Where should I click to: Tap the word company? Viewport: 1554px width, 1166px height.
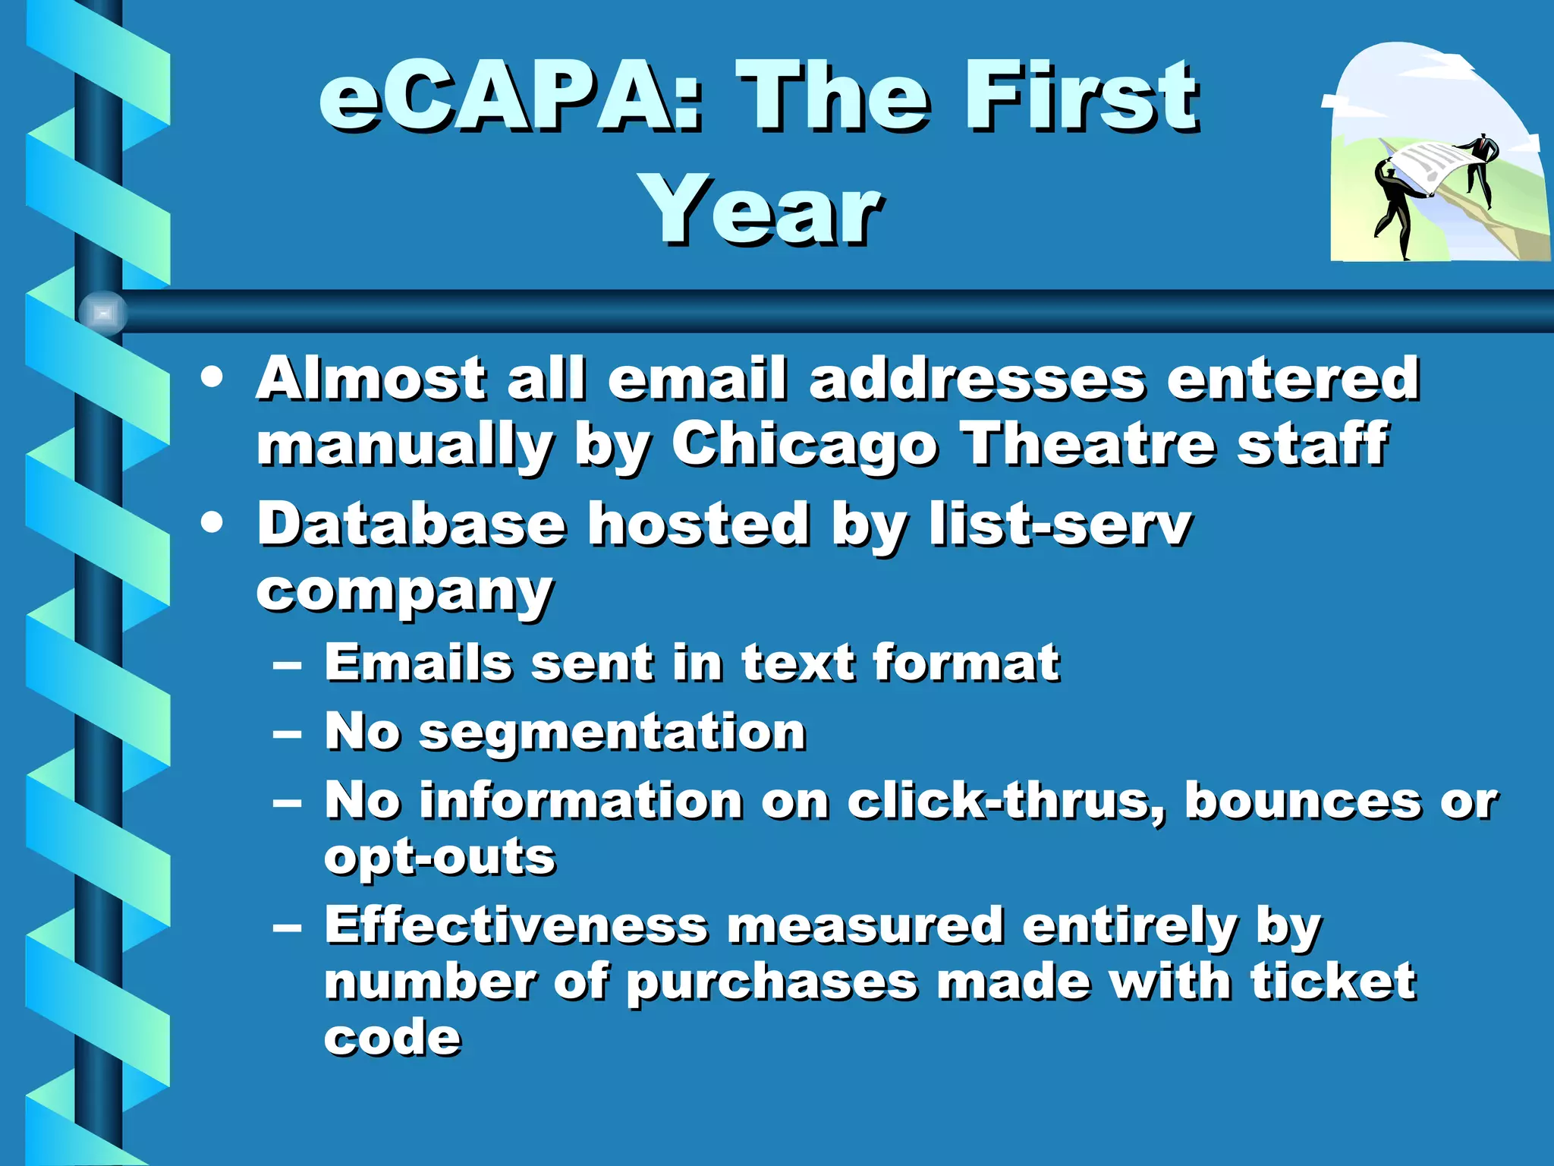(x=404, y=592)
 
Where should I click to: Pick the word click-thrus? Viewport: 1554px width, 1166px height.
(x=1005, y=801)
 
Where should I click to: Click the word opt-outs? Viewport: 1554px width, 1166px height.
(x=439, y=858)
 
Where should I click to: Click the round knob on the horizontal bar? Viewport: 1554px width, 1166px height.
(x=103, y=312)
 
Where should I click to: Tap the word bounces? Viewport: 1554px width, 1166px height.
(x=1302, y=801)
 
